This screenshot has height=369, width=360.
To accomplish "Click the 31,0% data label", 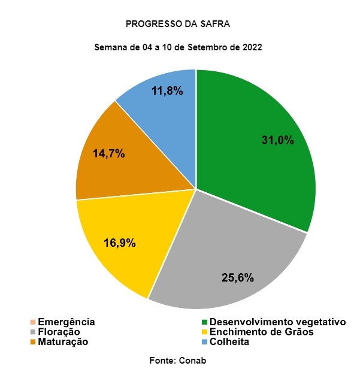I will point(277,141).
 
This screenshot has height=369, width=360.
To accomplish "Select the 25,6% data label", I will point(237,277).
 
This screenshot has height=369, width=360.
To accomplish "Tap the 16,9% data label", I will point(119,243).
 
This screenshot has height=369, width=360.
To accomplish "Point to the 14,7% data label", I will point(108,153).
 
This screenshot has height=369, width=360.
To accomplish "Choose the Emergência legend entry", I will point(66,322).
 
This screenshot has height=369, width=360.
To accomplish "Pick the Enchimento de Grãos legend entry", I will point(261,332).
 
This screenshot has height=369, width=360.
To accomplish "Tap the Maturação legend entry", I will point(63,341).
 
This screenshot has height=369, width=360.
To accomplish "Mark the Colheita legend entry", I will point(229,341).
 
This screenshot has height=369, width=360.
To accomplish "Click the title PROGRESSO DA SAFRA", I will point(178,24).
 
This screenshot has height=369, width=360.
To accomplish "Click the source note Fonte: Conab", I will point(177,359).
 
